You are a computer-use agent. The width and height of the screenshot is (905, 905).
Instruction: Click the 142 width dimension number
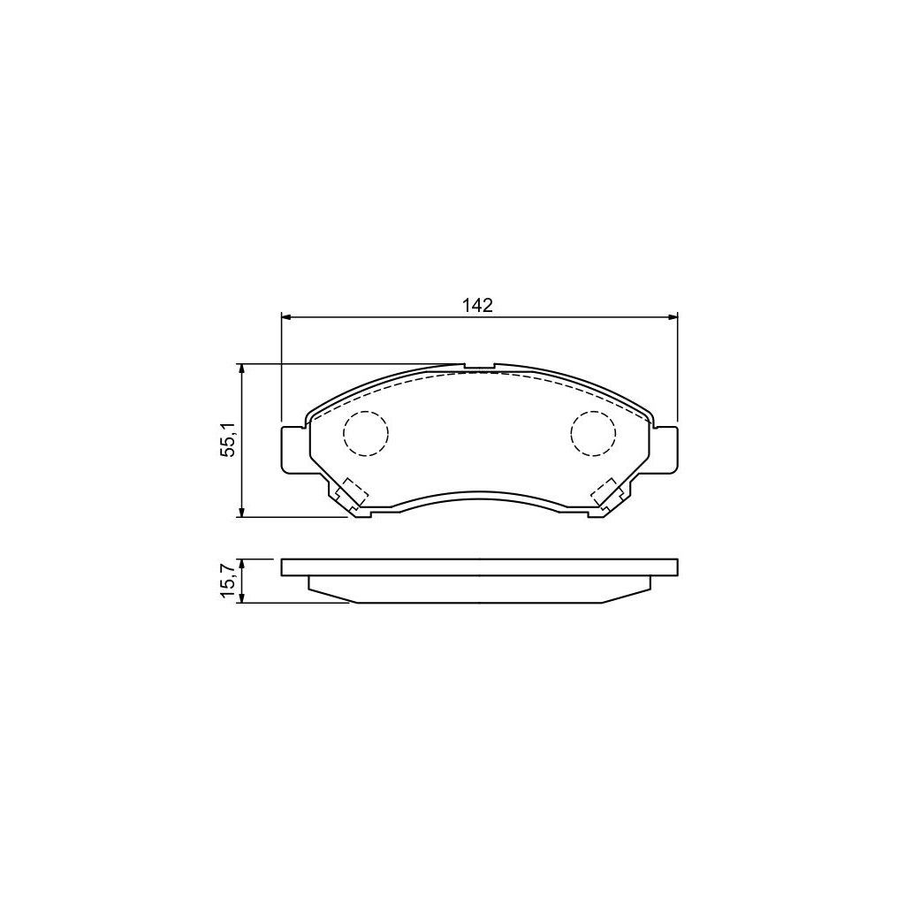(x=477, y=305)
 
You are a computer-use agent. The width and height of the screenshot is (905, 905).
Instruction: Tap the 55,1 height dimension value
(x=228, y=440)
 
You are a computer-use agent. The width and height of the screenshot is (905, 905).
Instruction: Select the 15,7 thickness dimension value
(x=228, y=582)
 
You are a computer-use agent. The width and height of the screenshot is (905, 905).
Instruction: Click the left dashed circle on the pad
(x=365, y=434)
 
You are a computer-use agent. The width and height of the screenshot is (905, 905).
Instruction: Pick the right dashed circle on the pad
(x=592, y=434)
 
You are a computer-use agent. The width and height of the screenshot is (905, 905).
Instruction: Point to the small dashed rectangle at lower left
(x=355, y=491)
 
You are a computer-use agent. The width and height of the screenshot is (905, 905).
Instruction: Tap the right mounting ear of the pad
(x=665, y=448)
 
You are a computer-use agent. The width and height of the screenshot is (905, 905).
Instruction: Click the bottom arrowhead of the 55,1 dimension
(x=241, y=512)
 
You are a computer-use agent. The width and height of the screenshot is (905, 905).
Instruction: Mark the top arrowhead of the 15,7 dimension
(x=241, y=563)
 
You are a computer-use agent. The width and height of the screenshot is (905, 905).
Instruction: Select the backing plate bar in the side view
(x=479, y=567)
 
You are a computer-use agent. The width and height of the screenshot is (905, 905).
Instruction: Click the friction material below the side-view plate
(x=479, y=589)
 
